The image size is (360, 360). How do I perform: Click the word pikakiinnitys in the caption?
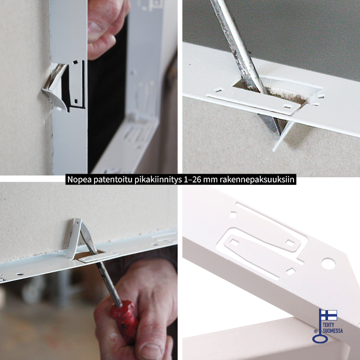coord(158,180)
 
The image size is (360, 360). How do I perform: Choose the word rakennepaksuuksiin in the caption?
coord(257,180)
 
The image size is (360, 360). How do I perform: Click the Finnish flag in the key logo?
coord(329,315)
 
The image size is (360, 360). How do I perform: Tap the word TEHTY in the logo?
coord(328,325)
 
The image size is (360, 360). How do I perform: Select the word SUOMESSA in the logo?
coord(333,331)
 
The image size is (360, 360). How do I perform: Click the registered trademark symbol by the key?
coord(316,331)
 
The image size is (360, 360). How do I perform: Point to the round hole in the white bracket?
coord(328,264)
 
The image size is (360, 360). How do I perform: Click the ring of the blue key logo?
coord(320,339)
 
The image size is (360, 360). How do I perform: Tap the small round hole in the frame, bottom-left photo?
coord(20,274)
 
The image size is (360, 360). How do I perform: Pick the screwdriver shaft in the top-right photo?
coord(239,46)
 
